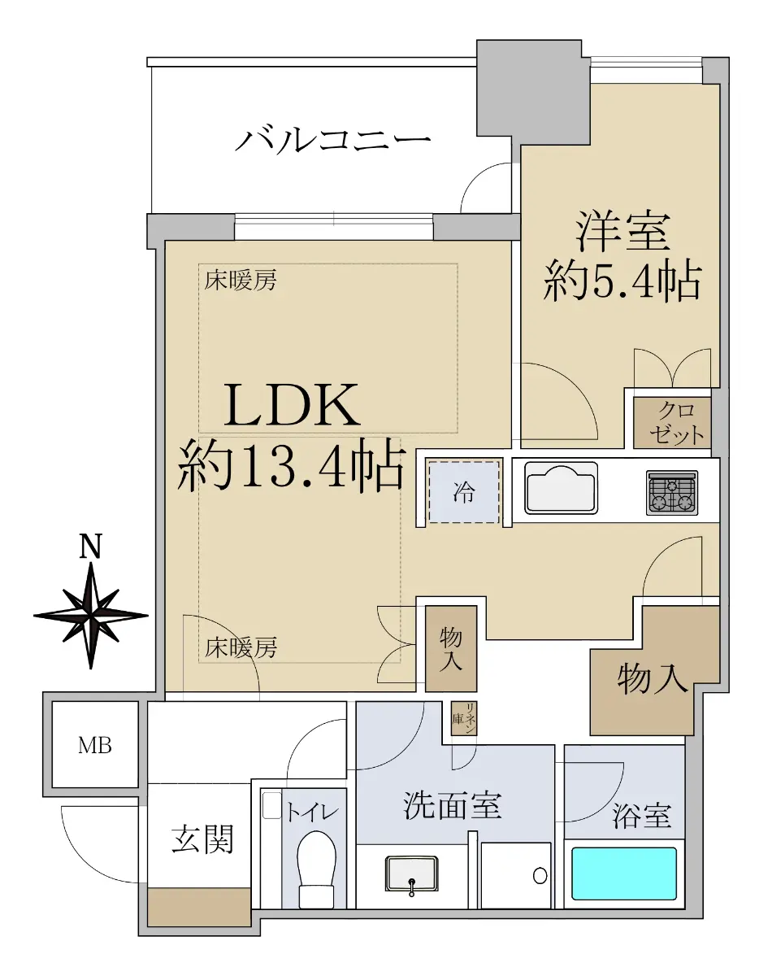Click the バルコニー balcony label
point(333,140)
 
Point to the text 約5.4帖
point(622,281)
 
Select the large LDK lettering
point(292,405)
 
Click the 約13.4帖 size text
point(291,466)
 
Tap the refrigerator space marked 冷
point(464,492)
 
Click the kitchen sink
point(562,489)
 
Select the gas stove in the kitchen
point(672,492)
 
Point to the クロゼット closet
point(672,423)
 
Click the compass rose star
point(91,616)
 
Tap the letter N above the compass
point(91,547)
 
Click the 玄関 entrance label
point(203,838)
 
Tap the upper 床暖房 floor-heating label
point(241,281)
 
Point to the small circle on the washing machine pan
point(540,875)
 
